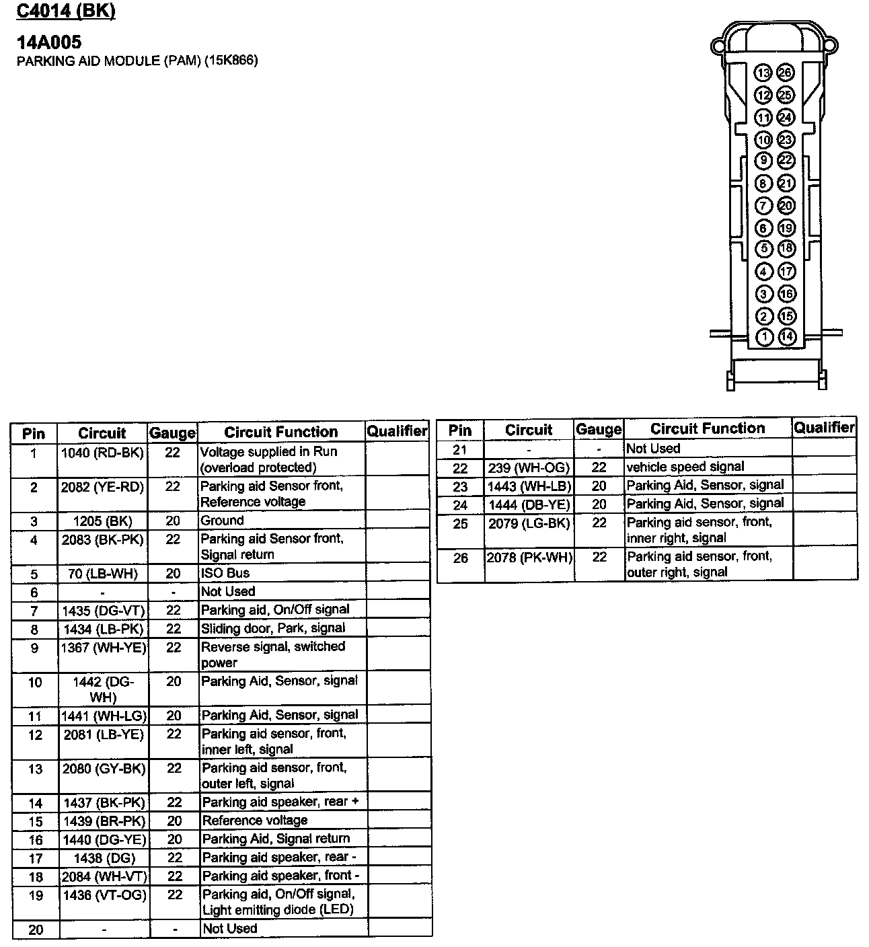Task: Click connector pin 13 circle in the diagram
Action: click(763, 73)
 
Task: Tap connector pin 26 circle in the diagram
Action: click(785, 73)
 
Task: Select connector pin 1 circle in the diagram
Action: click(765, 337)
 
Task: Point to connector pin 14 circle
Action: click(786, 337)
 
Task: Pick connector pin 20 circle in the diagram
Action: click(786, 205)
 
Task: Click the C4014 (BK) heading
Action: click(66, 11)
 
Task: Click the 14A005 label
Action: click(49, 42)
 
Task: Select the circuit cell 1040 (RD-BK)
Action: click(103, 453)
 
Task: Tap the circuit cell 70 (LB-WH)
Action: click(103, 573)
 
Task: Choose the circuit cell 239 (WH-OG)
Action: click(529, 467)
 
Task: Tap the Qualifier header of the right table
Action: click(824, 427)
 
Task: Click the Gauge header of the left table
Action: click(172, 433)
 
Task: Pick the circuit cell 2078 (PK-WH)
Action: click(529, 557)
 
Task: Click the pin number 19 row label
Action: click(35, 895)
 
